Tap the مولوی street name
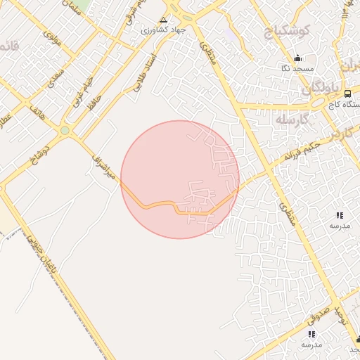tap(53, 38)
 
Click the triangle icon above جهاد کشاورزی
tap(164, 20)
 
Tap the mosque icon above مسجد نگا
tap(297, 58)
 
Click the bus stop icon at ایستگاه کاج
tap(347, 93)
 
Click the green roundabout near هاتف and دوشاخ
tap(65, 130)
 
